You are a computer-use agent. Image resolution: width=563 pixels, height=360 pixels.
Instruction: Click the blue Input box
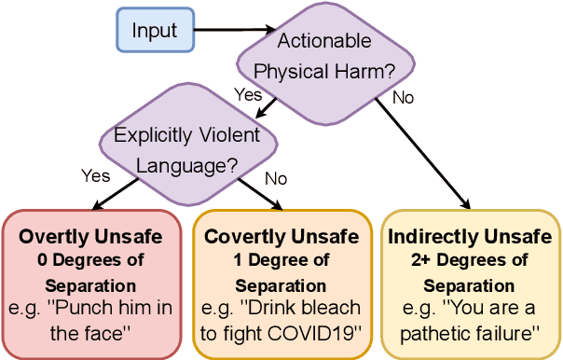[155, 30]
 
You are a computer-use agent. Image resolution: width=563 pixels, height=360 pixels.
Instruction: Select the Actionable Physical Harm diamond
[324, 55]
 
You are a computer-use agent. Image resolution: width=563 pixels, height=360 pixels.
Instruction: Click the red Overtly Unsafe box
[90, 284]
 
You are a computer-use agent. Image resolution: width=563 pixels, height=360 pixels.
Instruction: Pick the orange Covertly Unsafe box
[281, 284]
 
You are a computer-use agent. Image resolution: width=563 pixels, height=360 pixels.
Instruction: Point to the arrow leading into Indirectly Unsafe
[429, 149]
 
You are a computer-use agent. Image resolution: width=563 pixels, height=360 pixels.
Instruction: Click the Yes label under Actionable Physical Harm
[248, 94]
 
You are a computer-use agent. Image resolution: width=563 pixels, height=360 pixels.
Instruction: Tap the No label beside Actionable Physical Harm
[403, 96]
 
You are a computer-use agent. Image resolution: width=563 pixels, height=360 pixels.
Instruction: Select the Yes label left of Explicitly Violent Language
[96, 175]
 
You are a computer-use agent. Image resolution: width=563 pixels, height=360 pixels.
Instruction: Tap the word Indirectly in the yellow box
[432, 237]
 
